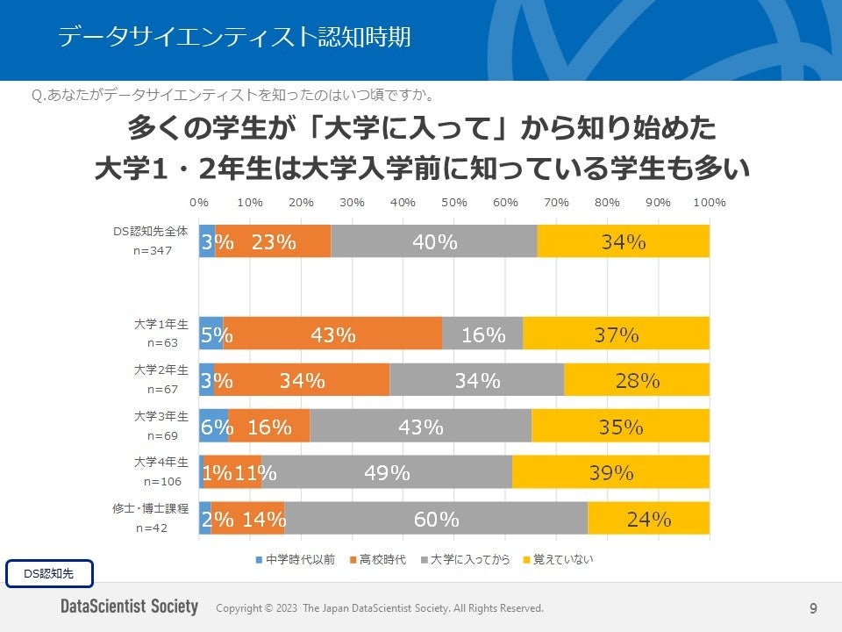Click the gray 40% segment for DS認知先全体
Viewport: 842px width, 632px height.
click(x=434, y=241)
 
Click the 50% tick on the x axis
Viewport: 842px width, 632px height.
click(x=454, y=203)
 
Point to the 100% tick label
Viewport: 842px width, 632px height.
click(x=709, y=203)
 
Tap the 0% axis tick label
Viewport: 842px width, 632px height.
click(x=199, y=203)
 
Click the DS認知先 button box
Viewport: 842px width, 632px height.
click(x=49, y=573)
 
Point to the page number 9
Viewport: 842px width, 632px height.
click(x=813, y=607)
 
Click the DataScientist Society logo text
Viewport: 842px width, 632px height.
click(x=129, y=607)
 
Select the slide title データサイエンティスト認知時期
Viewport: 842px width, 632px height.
click(x=234, y=37)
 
